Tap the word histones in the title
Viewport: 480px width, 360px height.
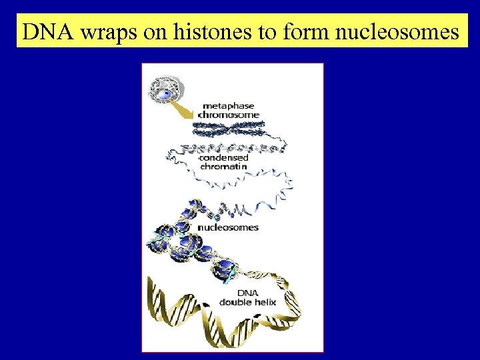pos(214,31)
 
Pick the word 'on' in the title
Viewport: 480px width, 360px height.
pos(155,31)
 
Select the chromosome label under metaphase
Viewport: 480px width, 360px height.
pos(229,115)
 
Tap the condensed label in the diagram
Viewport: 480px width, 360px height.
pos(224,158)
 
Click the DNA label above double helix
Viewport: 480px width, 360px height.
pos(246,293)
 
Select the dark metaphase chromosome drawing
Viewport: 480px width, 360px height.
pos(230,128)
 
